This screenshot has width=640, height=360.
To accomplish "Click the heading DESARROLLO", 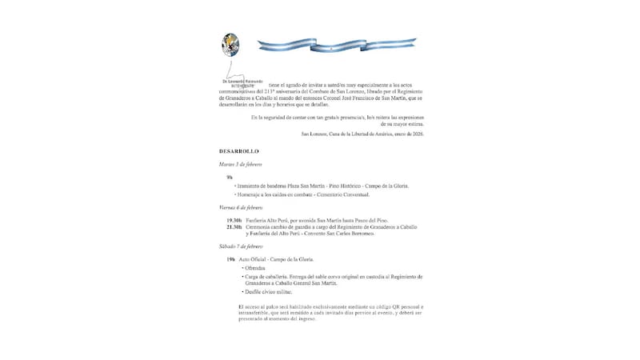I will click(x=239, y=151).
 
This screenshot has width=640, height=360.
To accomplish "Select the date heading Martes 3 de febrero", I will click(x=241, y=164).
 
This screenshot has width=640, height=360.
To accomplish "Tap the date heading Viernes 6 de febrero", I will click(x=242, y=207).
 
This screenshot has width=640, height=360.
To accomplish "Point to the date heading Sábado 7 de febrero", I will click(x=242, y=248).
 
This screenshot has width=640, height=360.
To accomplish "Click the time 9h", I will click(x=230, y=177).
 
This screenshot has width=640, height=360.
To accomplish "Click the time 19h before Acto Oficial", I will click(x=230, y=261).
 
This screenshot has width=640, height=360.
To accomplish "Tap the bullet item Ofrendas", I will click(x=255, y=269).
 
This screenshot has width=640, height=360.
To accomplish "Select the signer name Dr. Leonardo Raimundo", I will click(x=245, y=81).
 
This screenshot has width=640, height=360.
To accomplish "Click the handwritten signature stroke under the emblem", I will click(x=231, y=69).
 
